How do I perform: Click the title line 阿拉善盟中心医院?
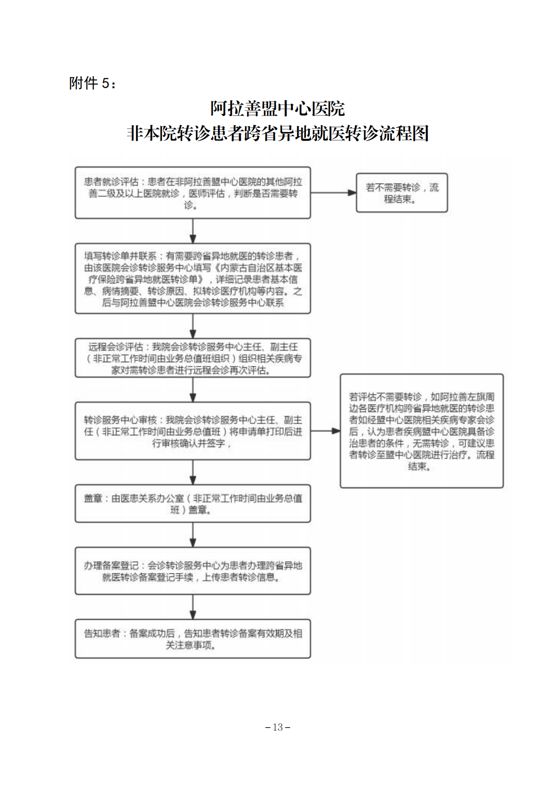[x=278, y=109]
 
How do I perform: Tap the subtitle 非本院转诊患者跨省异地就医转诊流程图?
[x=278, y=134]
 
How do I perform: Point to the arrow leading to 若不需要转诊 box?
[x=333, y=193]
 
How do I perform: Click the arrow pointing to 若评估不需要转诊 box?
[x=325, y=431]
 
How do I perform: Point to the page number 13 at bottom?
[x=278, y=727]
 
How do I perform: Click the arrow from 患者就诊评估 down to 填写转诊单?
[x=193, y=231]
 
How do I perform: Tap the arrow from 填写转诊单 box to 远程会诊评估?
[x=193, y=326]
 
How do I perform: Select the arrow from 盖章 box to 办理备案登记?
[x=193, y=535]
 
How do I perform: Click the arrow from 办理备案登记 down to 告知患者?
[x=193, y=607]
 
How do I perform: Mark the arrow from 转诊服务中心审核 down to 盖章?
[x=193, y=473]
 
